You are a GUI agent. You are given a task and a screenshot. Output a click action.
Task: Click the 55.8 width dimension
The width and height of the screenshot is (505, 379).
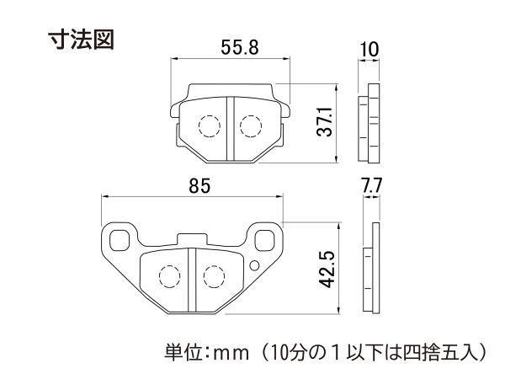tap(240, 48)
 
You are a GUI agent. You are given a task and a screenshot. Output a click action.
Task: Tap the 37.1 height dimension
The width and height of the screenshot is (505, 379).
tap(325, 122)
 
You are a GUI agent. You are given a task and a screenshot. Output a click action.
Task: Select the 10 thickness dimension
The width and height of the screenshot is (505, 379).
tap(369, 50)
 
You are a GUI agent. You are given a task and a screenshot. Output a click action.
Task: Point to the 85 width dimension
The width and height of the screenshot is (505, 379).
tap(199, 186)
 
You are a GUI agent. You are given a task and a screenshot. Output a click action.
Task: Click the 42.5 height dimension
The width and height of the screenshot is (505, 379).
tap(327, 270)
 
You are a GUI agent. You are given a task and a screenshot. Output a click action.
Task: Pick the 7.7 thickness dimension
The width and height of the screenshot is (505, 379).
tap(371, 185)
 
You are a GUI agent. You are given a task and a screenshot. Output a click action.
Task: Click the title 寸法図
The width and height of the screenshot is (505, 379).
tap(81, 40)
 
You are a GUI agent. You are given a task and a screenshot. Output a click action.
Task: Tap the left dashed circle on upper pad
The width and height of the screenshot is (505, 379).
tap(210, 126)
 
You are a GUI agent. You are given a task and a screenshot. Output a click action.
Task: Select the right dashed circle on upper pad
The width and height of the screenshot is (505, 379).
tap(251, 126)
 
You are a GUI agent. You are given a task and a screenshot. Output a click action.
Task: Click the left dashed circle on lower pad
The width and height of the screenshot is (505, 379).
tap(169, 276)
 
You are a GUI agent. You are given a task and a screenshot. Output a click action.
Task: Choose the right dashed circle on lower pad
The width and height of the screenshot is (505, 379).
tap(214, 276)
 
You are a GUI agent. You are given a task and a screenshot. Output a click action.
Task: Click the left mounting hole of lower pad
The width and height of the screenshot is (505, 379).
tap(120, 240)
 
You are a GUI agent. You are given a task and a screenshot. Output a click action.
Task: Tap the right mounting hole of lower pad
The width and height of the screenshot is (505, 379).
tap(265, 240)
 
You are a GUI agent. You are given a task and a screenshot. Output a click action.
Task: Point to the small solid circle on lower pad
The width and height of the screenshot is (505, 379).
tap(254, 266)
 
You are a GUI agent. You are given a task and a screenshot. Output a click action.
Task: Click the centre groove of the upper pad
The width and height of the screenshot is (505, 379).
tap(230, 129)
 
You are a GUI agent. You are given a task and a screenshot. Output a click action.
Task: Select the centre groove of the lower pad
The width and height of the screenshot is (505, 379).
tap(192, 280)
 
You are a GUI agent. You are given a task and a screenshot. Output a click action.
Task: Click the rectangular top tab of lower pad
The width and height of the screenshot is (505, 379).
tap(192, 240)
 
